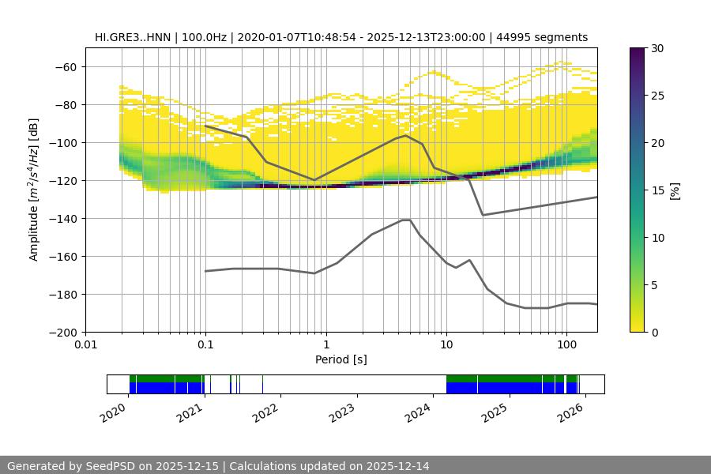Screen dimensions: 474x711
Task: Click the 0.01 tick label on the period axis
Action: click(x=85, y=345)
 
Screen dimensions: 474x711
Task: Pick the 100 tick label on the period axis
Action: click(x=566, y=345)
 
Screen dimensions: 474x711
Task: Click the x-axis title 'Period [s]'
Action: click(x=340, y=359)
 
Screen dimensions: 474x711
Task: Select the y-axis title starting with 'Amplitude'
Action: click(x=34, y=190)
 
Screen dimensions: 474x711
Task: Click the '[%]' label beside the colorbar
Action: click(x=675, y=190)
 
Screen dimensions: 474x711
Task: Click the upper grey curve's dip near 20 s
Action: click(x=483, y=215)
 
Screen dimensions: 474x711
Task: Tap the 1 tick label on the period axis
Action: click(x=325, y=345)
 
